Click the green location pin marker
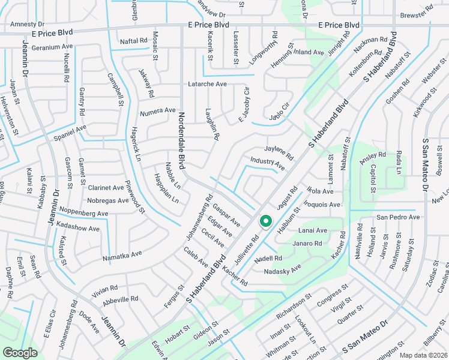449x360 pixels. pos(265,222)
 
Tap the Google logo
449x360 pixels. pos(20,353)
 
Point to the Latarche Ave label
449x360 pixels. pos(207,84)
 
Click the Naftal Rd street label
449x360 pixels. pos(133,41)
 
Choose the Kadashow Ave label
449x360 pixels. pos(77,229)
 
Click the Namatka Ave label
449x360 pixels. pos(122,255)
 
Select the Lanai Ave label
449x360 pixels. pos(313,230)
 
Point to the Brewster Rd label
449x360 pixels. pos(417,29)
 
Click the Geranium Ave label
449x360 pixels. pos(52,47)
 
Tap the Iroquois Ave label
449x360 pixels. pos(324,204)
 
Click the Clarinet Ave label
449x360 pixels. pos(106,187)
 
